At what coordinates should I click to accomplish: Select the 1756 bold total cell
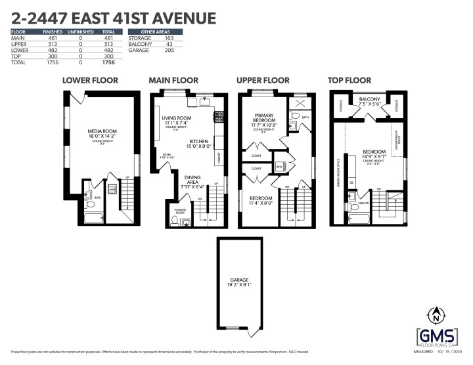(x=108, y=62)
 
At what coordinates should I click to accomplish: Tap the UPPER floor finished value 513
(x=51, y=45)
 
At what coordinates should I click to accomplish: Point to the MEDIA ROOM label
(x=100, y=131)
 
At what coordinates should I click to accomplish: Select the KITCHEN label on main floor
(x=199, y=140)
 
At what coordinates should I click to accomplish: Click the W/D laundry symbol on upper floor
(x=279, y=166)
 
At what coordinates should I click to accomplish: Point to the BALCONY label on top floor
(x=370, y=98)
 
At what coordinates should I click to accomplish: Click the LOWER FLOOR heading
(x=90, y=80)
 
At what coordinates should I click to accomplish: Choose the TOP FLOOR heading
(x=350, y=80)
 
